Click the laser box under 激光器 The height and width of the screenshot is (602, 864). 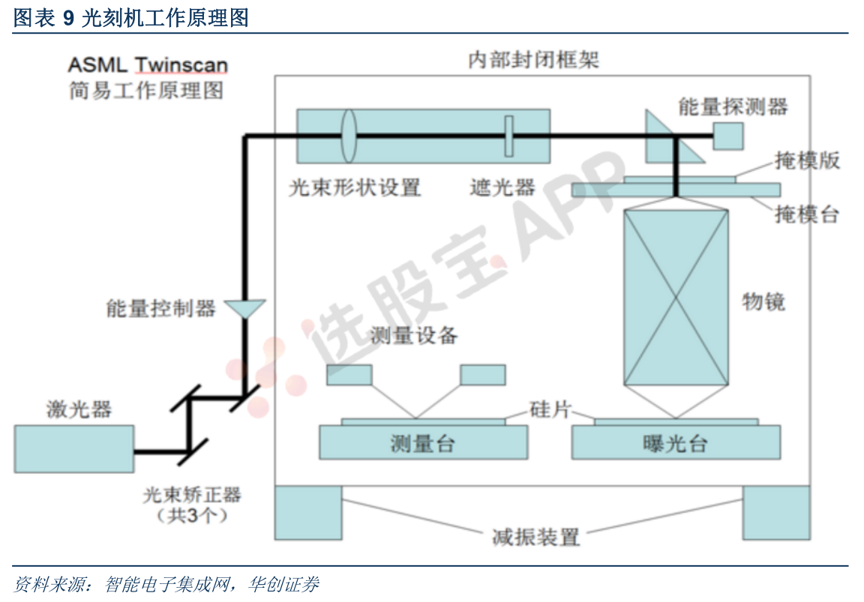point(73,449)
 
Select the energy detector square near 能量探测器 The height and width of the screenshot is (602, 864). point(728,136)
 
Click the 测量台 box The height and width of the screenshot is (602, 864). point(423,442)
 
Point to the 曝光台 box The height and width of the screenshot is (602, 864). point(676,442)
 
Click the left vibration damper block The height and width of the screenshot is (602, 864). point(308,512)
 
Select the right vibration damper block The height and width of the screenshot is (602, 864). point(775,512)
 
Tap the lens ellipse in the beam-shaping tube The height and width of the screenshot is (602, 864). point(349,136)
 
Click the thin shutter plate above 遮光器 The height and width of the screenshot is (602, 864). point(509,136)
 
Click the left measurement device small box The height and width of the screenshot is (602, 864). point(349,375)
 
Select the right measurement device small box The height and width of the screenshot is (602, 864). point(483,375)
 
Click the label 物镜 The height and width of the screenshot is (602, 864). point(763,301)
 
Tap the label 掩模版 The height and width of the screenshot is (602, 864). point(807,160)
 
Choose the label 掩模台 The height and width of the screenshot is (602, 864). point(807,214)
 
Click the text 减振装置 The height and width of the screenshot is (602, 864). point(535,537)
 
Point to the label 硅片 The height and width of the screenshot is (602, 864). point(550,409)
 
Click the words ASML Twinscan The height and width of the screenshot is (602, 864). point(148,65)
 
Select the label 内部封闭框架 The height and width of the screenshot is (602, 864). point(533,59)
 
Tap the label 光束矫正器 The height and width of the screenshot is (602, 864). point(192,495)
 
